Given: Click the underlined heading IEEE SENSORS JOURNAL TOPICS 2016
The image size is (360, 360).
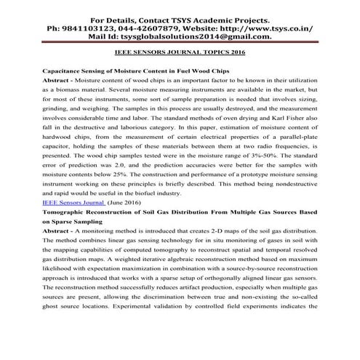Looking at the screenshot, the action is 180,53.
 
